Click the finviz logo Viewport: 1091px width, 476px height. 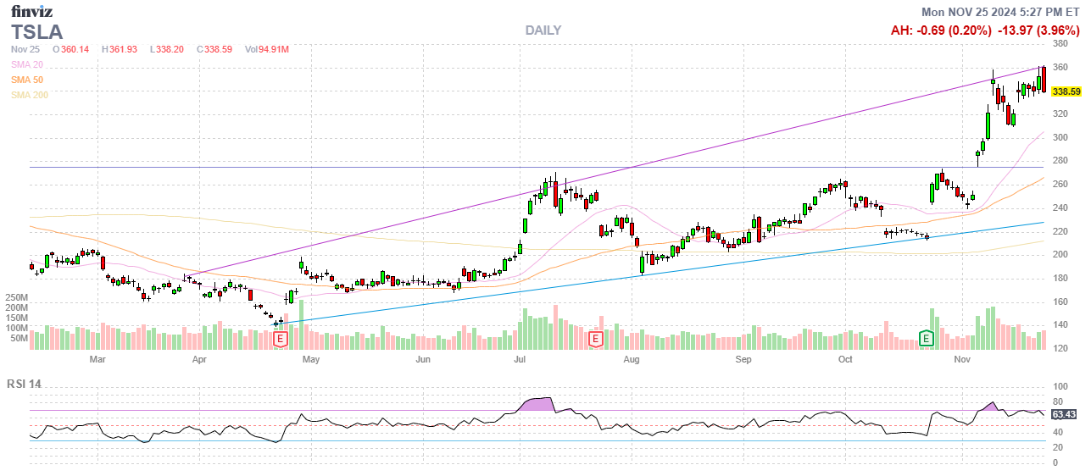click(x=31, y=12)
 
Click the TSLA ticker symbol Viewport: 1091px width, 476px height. click(x=37, y=31)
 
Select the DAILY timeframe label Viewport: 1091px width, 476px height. click(x=543, y=30)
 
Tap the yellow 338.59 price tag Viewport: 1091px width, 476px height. click(x=1064, y=91)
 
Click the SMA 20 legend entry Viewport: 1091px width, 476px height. click(x=27, y=64)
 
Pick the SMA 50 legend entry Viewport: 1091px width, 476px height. click(x=27, y=80)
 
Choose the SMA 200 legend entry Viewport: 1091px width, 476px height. click(x=30, y=95)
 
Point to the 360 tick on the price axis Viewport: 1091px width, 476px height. click(x=1060, y=68)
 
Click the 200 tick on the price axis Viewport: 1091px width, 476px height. click(x=1060, y=255)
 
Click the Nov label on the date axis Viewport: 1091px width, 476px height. click(x=961, y=359)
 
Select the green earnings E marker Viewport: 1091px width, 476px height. click(x=927, y=339)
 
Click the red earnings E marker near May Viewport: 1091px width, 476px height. click(x=281, y=339)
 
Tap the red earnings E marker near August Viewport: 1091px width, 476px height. click(x=596, y=339)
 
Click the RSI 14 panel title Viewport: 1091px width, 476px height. click(x=24, y=384)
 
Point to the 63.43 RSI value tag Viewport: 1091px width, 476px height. click(x=1063, y=414)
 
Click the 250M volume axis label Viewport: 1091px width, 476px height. click(x=17, y=298)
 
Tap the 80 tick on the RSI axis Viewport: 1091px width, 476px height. click(x=1057, y=402)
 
